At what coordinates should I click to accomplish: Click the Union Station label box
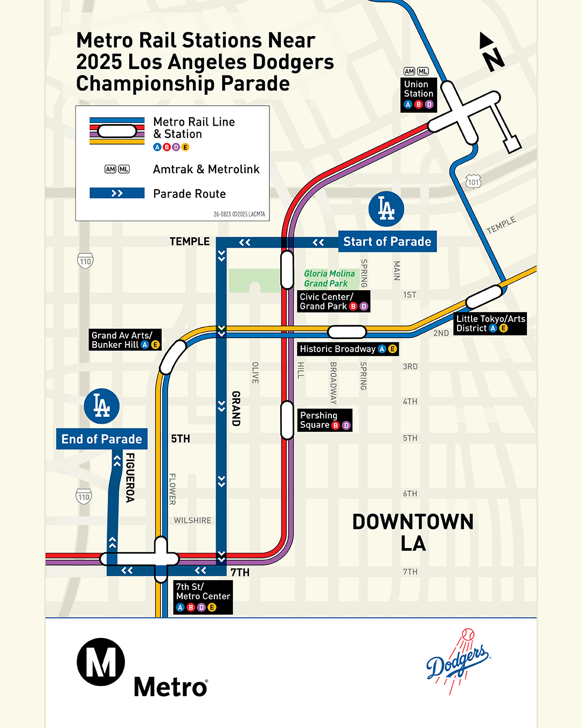pos(419,94)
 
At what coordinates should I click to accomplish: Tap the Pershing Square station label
pos(325,420)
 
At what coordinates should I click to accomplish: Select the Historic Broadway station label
pos(348,349)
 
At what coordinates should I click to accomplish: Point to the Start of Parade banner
pos(387,242)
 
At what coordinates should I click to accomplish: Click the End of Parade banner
pos(102,439)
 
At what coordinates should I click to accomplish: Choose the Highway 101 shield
pos(473,182)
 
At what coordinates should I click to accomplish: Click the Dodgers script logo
pos(458,661)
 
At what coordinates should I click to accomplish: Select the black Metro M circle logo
pos(101,662)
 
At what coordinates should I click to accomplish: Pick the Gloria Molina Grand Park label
pos(329,279)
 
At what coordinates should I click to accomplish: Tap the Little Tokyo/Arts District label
pos(490,324)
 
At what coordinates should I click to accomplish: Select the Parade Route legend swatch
pos(117,193)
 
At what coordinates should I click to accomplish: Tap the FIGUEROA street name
pos(130,477)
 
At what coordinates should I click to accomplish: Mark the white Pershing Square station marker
pos(287,420)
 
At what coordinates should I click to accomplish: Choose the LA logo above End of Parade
pos(102,406)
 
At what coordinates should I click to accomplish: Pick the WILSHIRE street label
pos(192,520)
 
